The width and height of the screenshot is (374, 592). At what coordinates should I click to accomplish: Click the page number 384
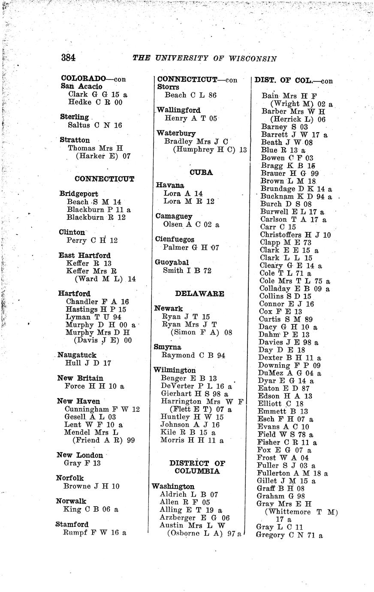[68, 57]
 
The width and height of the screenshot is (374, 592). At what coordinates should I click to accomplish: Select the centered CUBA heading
[201, 172]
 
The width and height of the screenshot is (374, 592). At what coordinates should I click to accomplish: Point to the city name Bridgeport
[78, 194]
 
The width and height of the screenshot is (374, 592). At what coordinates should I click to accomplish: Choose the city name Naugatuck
[77, 355]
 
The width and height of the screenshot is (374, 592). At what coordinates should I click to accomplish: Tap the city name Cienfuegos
[175, 239]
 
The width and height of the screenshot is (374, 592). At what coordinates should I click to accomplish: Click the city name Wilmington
[175, 370]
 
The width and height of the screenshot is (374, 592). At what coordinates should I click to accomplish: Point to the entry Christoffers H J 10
[295, 235]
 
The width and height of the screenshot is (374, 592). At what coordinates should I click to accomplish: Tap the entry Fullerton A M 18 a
[292, 473]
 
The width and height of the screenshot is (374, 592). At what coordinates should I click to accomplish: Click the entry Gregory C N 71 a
[289, 535]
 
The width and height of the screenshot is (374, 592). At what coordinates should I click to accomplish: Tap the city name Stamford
[72, 524]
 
